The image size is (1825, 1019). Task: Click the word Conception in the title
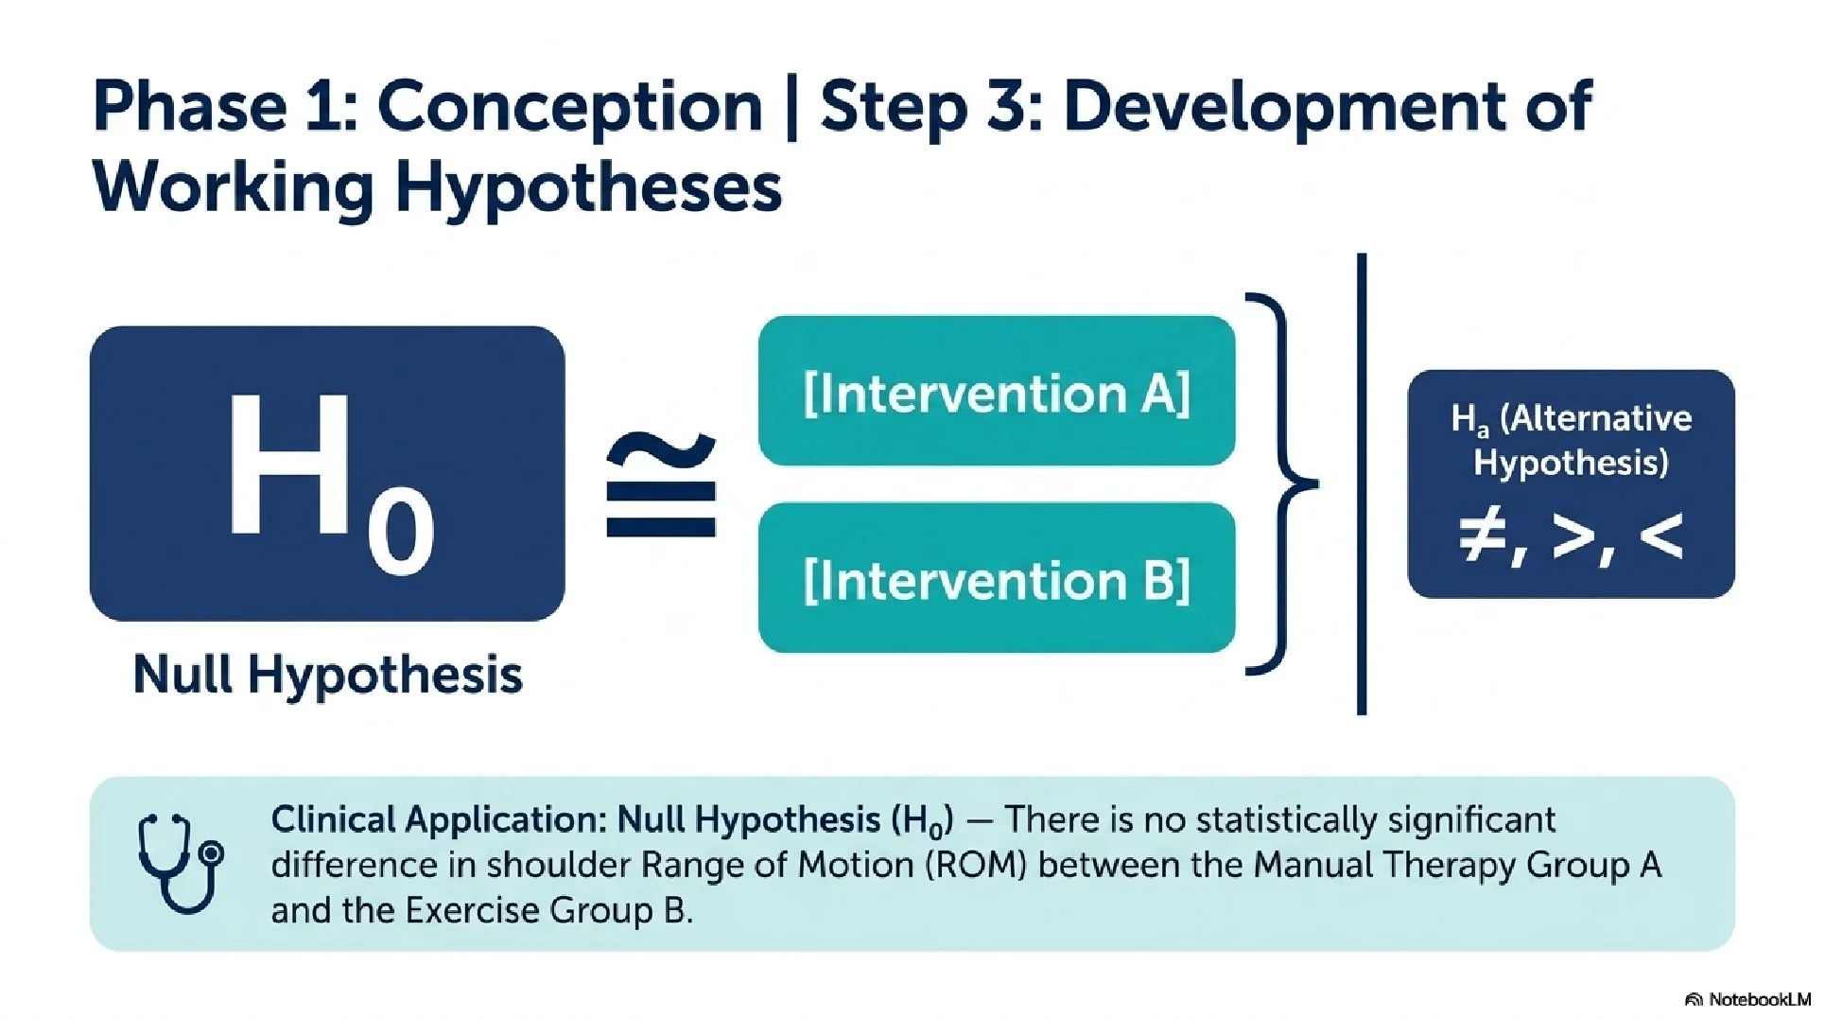[x=570, y=106]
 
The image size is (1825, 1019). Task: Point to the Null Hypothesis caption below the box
[x=327, y=675]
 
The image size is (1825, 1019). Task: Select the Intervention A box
[x=997, y=391]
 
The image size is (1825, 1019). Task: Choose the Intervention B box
[x=997, y=577]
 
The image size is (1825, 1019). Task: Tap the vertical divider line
[x=1362, y=483]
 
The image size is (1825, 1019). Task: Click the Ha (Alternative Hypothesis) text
[x=1571, y=440]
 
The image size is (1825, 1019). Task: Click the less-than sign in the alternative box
[x=1660, y=536]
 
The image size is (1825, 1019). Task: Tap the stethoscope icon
[x=182, y=863]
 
